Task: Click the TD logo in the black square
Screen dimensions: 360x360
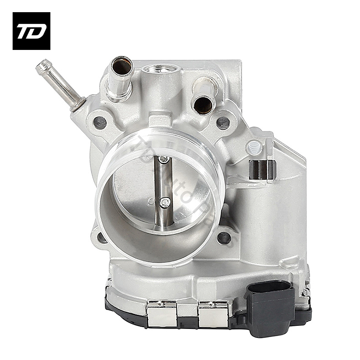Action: click(x=31, y=31)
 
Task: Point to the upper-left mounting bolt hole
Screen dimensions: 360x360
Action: click(x=100, y=122)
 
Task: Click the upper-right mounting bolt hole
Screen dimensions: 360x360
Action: click(x=223, y=121)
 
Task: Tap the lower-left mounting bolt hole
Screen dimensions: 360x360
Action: click(x=102, y=237)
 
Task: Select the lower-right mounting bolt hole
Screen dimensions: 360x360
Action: click(x=224, y=237)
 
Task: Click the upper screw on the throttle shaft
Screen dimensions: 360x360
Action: click(x=164, y=159)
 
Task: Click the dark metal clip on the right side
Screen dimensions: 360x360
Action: click(x=262, y=169)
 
